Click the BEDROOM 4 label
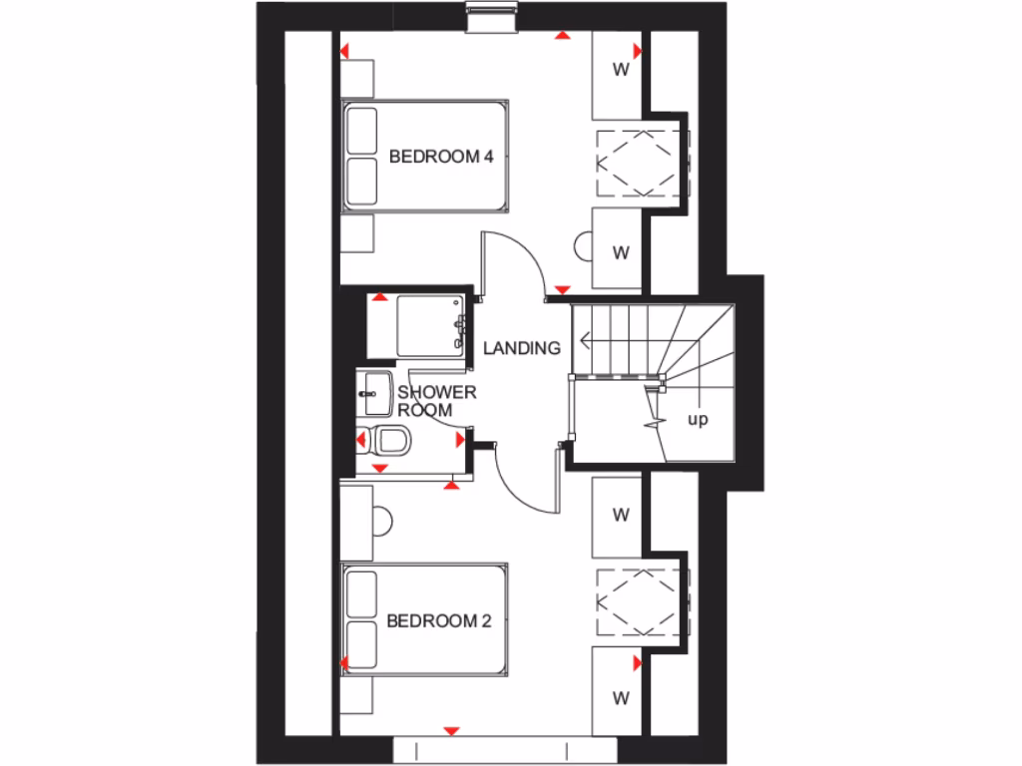(x=441, y=157)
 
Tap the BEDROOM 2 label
(x=439, y=621)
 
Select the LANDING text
(x=521, y=348)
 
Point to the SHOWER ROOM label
(x=436, y=401)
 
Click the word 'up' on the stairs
(x=698, y=420)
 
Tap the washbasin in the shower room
(x=375, y=391)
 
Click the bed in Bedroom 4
(x=425, y=156)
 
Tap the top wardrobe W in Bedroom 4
(x=621, y=70)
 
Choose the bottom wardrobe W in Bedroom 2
(x=621, y=696)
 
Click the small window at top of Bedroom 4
(x=492, y=13)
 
